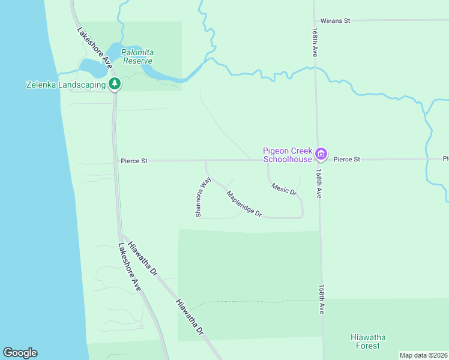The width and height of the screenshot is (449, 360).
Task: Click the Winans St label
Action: tap(335, 20)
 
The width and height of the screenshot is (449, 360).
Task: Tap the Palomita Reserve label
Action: tap(137, 56)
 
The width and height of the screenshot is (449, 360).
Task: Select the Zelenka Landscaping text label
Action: tap(65, 85)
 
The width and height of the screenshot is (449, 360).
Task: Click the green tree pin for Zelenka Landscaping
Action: tap(114, 84)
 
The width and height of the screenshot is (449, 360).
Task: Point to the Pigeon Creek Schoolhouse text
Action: tap(288, 155)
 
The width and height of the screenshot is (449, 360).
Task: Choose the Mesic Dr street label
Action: tap(284, 189)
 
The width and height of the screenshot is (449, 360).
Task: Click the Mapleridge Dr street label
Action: tap(244, 203)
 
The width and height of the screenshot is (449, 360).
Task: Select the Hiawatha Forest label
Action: tap(366, 341)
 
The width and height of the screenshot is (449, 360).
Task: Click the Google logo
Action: tap(20, 353)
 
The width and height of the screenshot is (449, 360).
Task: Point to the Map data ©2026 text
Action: tap(423, 355)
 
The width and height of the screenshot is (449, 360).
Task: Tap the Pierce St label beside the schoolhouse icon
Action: tap(346, 160)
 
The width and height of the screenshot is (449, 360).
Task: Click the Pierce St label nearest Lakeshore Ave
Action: tap(134, 161)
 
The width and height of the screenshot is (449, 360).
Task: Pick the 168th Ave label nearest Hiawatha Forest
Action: tap(322, 300)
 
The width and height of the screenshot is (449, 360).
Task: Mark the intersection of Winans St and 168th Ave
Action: tap(314, 20)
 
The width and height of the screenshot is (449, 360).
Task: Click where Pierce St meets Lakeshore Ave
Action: tap(115, 161)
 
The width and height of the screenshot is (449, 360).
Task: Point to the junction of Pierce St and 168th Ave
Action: tap(318, 160)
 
